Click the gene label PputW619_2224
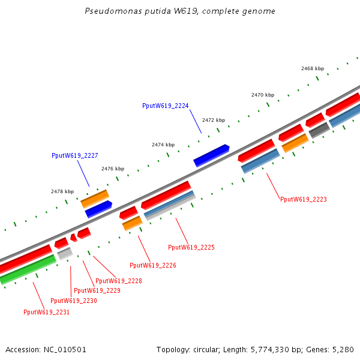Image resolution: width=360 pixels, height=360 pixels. click(x=165, y=106)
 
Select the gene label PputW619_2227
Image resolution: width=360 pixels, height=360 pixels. click(x=74, y=155)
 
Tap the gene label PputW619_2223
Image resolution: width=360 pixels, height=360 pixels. click(x=303, y=199)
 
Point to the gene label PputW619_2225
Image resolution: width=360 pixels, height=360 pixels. click(x=191, y=247)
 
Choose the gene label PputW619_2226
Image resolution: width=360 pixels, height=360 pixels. click(x=152, y=265)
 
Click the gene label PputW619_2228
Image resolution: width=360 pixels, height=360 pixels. click(x=118, y=281)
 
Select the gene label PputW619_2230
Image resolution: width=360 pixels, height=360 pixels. click(x=73, y=301)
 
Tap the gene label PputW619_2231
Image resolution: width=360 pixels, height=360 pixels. click(x=46, y=312)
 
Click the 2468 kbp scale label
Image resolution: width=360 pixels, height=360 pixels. click(x=312, y=68)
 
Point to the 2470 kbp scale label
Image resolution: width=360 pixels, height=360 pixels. click(x=262, y=95)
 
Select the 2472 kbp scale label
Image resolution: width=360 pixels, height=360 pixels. click(x=213, y=120)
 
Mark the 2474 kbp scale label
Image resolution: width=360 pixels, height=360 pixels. click(x=163, y=145)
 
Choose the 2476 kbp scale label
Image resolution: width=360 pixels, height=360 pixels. click(x=112, y=169)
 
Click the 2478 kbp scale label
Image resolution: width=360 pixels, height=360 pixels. click(x=62, y=191)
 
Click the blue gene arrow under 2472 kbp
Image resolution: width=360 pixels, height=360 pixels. click(x=211, y=155)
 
